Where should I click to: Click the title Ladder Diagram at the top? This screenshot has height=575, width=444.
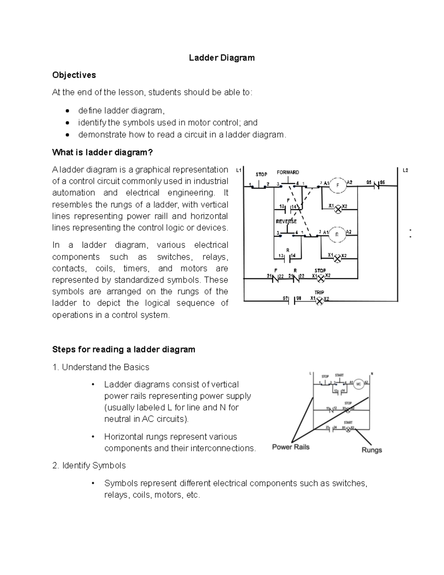click(222, 58)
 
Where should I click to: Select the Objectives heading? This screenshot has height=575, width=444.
click(74, 75)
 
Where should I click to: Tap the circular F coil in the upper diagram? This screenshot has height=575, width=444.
click(337, 185)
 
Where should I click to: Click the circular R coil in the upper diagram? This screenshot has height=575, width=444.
click(337, 234)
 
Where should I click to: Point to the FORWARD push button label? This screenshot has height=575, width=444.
click(288, 172)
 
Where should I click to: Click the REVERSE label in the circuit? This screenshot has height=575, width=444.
click(286, 221)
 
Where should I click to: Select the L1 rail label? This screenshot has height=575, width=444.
click(239, 170)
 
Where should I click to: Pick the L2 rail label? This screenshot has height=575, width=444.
click(405, 170)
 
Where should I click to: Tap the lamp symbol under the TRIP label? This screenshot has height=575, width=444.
click(319, 301)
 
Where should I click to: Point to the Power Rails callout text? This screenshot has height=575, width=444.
click(290, 447)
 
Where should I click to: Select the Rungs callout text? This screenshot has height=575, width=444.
click(371, 450)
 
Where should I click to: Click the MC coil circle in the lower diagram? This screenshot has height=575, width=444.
click(358, 384)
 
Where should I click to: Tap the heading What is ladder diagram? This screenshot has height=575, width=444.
click(102, 153)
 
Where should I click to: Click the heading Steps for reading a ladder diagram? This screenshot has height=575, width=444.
click(124, 350)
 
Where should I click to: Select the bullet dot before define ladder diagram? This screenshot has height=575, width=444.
click(67, 111)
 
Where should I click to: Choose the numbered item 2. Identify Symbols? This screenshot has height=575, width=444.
click(89, 465)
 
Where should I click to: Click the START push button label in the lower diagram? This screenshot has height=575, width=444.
click(339, 375)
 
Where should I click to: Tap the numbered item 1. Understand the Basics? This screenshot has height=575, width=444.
click(101, 367)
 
